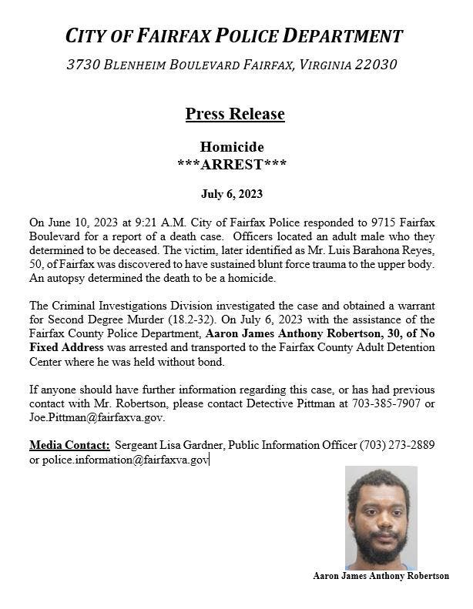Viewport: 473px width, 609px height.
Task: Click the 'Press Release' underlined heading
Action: [234, 114]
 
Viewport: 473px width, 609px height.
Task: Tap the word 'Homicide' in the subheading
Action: [232, 146]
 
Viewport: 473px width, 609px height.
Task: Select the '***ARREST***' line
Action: [231, 164]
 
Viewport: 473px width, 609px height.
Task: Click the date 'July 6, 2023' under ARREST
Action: [231, 194]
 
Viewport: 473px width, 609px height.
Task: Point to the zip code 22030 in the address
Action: [375, 65]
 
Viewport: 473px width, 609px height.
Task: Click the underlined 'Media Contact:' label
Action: [69, 445]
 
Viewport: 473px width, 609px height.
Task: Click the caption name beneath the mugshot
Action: [381, 575]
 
